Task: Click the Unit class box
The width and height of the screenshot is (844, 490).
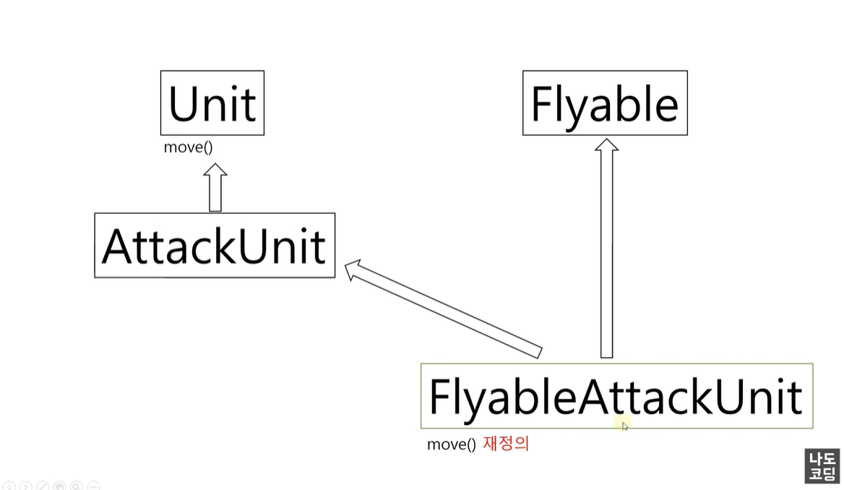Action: click(x=212, y=103)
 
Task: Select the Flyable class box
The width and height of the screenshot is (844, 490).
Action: click(x=605, y=103)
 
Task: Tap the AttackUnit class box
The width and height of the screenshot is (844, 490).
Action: click(x=215, y=245)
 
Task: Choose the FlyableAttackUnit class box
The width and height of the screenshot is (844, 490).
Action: click(x=616, y=395)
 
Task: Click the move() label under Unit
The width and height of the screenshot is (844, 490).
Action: click(x=188, y=147)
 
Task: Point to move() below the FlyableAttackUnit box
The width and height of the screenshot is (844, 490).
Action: click(x=451, y=444)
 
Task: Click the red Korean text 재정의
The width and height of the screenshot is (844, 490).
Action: click(x=506, y=444)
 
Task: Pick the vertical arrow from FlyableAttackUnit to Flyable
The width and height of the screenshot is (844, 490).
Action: click(x=606, y=253)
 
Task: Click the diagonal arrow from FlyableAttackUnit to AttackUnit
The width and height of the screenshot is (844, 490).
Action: click(x=448, y=311)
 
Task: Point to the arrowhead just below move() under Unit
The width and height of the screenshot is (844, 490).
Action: click(x=215, y=171)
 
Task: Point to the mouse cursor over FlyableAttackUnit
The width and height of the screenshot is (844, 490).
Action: click(x=625, y=426)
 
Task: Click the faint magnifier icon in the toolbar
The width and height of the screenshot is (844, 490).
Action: click(x=77, y=486)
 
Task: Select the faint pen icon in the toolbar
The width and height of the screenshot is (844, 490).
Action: click(x=43, y=486)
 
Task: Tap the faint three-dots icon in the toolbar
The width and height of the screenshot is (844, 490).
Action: click(x=93, y=486)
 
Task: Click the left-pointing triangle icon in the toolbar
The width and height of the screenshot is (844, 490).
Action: click(x=9, y=486)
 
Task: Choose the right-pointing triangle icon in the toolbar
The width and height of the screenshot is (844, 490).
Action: click(x=26, y=486)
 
